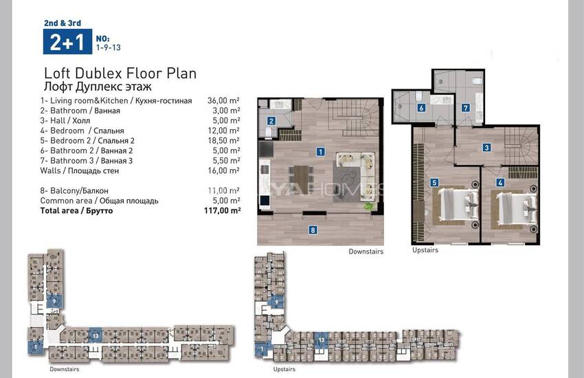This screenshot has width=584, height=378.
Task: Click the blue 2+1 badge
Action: click(x=67, y=42)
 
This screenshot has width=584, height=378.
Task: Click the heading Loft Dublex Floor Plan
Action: click(x=120, y=74)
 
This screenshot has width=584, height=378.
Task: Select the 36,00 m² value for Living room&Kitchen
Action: click(x=223, y=100)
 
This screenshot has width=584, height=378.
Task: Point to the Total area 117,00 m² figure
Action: click(x=223, y=210)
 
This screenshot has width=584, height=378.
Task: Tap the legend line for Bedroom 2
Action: click(x=87, y=140)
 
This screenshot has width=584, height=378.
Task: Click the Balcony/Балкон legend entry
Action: click(x=74, y=190)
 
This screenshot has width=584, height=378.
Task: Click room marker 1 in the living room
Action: click(x=320, y=152)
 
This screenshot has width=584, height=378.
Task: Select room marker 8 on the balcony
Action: click(x=313, y=230)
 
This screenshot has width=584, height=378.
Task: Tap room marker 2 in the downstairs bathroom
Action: click(x=271, y=121)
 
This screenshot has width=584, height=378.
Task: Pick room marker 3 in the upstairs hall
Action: click(x=486, y=148)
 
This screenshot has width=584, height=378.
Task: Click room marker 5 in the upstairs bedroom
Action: click(x=434, y=183)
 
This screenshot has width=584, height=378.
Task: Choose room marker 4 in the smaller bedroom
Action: click(x=500, y=183)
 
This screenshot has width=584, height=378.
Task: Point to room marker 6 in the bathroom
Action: click(x=421, y=108)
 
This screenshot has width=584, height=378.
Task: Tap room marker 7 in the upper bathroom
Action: click(x=466, y=108)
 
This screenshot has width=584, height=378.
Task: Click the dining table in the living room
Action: click(x=301, y=179)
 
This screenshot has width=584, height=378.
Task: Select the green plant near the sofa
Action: click(x=369, y=205)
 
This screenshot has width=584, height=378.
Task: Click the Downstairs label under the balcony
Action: click(x=366, y=252)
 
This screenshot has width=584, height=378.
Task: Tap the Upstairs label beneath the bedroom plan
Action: click(x=425, y=250)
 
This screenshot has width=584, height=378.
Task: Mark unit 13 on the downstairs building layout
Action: click(x=96, y=335)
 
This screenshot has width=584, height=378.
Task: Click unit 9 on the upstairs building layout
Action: click(x=276, y=302)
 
